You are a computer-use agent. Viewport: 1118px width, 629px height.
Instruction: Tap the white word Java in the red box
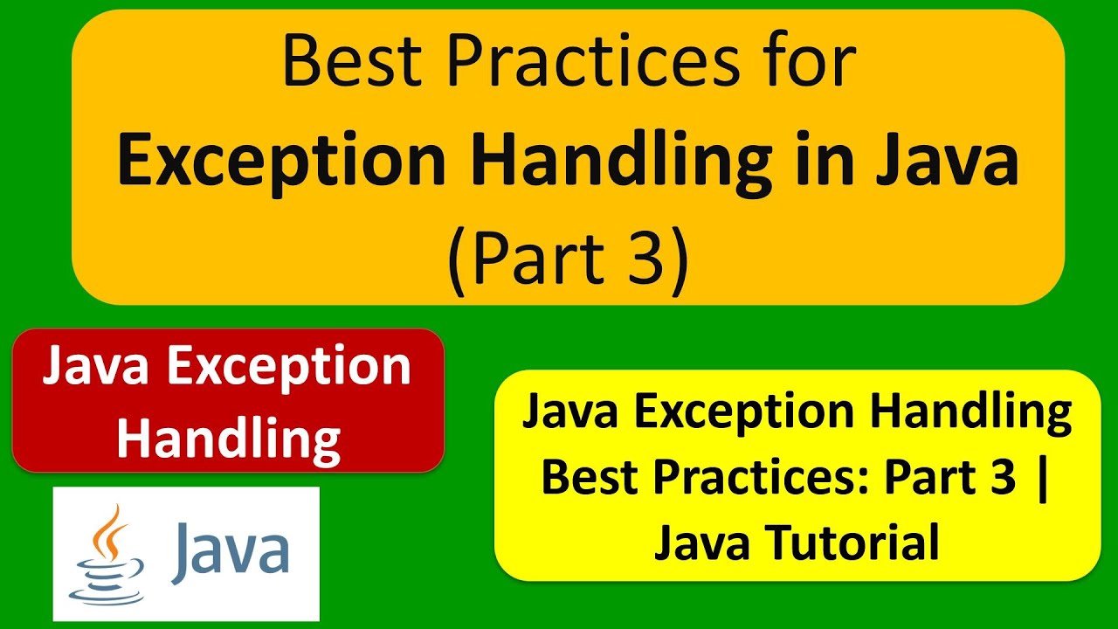[97, 367]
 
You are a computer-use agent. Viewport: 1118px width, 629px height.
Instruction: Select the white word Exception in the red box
[289, 369]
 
